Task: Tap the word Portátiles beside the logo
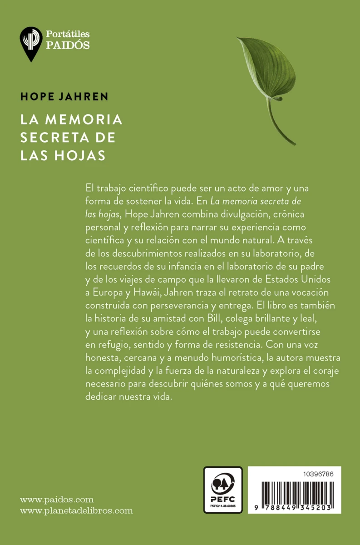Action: click(68, 34)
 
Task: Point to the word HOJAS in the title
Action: click(83, 155)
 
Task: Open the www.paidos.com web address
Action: click(57, 499)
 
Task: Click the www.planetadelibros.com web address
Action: click(77, 510)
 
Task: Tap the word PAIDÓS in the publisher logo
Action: click(68, 45)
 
